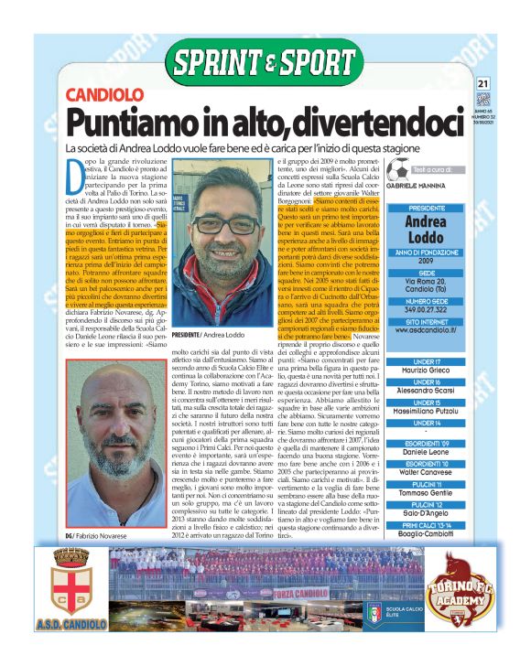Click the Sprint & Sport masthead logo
click(x=265, y=63)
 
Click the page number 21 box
click(x=483, y=84)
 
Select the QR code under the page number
click(x=483, y=100)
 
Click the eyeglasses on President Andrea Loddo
click(x=223, y=226)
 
